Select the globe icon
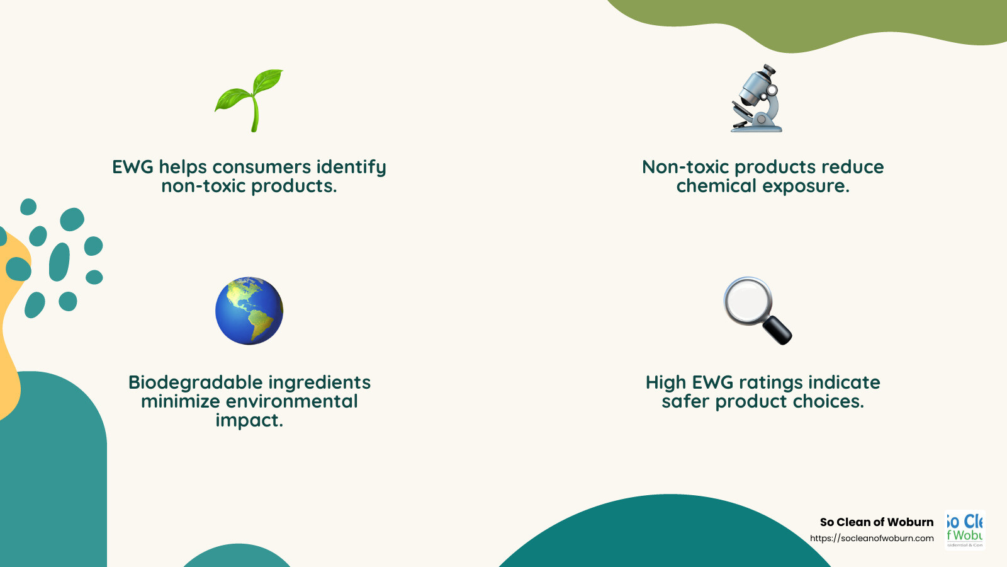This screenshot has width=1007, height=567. (x=249, y=311)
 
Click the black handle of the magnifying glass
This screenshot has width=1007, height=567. (x=777, y=329)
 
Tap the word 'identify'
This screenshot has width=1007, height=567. (x=351, y=168)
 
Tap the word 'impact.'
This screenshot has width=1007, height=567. (x=249, y=420)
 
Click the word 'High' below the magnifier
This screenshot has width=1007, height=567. (x=665, y=382)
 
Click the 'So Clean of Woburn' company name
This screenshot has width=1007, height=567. (x=876, y=522)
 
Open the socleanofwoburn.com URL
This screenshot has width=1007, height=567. (x=872, y=538)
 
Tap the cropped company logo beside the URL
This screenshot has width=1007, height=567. (x=964, y=529)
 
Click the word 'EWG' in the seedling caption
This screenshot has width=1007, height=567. (x=133, y=167)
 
